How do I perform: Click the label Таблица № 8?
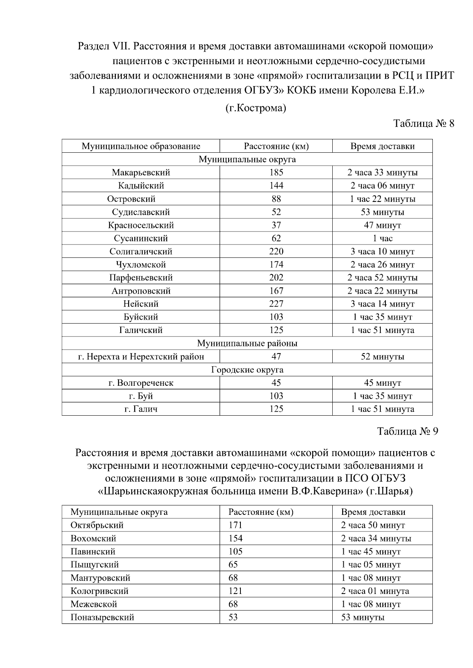coord(424,124)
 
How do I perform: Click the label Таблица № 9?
coord(408,431)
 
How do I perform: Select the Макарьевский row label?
coord(141,172)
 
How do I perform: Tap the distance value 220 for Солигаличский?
coord(276,252)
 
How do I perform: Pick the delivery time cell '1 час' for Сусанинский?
coord(382,239)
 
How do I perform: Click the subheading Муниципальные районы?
coord(247,343)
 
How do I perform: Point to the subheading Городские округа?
coord(247,370)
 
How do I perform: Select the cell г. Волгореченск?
coord(141,383)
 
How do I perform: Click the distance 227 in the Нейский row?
coord(276,304)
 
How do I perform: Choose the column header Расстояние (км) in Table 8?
coord(276,146)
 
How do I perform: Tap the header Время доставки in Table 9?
coord(373,512)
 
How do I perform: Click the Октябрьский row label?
coord(97,526)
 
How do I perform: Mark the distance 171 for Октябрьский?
coord(235,526)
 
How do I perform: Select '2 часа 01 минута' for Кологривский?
coord(375,591)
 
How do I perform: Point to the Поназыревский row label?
coord(102,617)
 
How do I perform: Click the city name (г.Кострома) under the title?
coord(255,108)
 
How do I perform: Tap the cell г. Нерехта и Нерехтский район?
coord(141,357)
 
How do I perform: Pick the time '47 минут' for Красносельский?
coord(382,226)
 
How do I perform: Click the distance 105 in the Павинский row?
coord(235,552)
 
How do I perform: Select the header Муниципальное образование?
coord(141,146)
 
